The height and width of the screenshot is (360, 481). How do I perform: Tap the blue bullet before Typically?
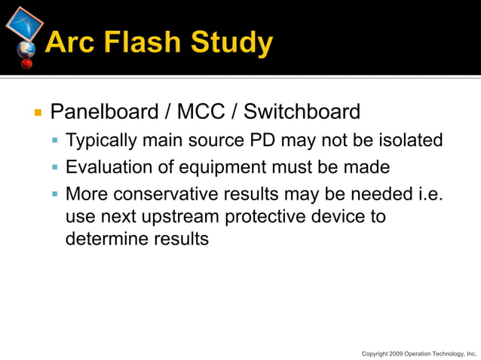(x=55, y=142)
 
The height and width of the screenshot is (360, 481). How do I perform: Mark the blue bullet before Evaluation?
(x=55, y=167)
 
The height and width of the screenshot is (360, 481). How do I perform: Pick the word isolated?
(x=408, y=141)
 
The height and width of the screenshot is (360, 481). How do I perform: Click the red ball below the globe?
(x=27, y=64)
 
